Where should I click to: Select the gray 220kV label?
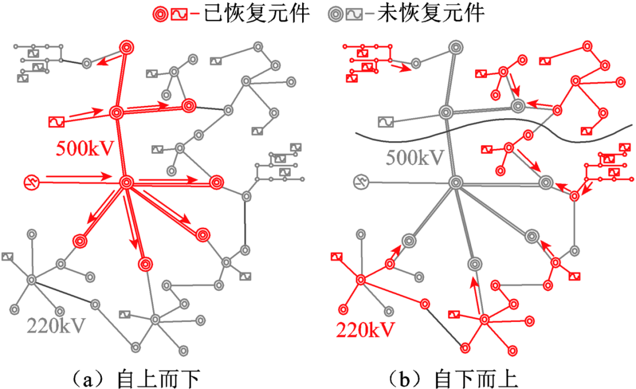56,325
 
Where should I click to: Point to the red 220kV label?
365,330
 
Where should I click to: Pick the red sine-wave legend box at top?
179,14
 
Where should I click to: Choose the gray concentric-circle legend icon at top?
335,14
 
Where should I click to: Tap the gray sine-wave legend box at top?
355,14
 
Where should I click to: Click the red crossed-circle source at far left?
31,183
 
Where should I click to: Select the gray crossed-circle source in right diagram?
360,183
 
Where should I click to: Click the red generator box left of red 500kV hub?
57,122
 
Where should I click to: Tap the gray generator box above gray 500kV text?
386,122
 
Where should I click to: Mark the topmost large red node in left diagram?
127,46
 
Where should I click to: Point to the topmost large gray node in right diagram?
455,46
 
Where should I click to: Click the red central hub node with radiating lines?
125,183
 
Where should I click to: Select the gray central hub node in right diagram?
454,183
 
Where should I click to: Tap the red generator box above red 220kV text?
336,256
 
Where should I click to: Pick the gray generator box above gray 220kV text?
8,256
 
